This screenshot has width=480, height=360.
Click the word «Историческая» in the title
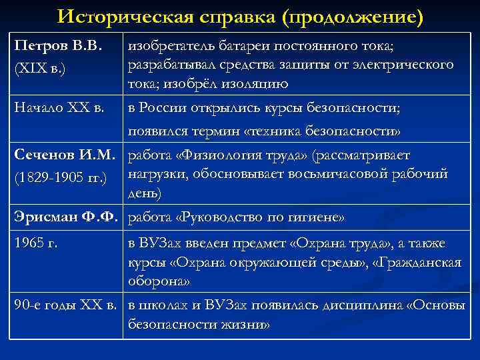tap(134, 15)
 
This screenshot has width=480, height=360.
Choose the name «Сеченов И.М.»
tap(63, 156)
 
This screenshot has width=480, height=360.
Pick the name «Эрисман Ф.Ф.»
tap(65, 217)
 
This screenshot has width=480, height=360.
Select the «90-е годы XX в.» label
tap(65, 306)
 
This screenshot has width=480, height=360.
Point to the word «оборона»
tap(158, 281)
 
